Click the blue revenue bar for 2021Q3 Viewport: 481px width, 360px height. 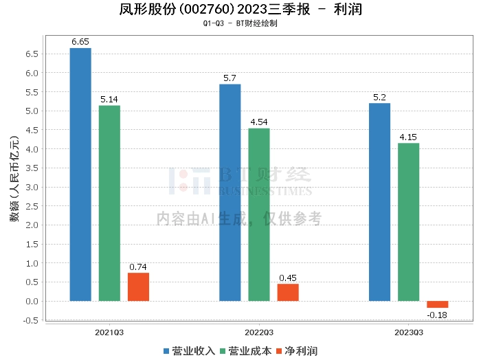click(x=80, y=175)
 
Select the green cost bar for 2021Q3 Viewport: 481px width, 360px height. click(x=109, y=203)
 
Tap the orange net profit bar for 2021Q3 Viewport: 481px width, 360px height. click(x=138, y=287)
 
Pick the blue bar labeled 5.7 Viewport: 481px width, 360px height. click(x=230, y=192)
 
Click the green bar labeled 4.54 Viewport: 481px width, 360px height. click(x=259, y=214)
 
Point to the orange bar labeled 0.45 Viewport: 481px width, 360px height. click(x=288, y=293)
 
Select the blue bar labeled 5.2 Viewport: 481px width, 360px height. click(x=379, y=202)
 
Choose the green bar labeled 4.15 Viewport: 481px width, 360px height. click(x=408, y=222)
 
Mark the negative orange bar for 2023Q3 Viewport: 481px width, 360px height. click(x=437, y=304)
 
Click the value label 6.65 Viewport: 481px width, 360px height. click(x=80, y=42)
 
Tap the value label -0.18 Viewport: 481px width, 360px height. click(x=437, y=315)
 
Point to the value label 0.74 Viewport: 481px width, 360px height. click(x=138, y=267)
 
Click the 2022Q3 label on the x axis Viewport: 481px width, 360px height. click(x=259, y=331)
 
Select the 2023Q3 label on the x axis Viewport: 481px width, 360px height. click(x=408, y=331)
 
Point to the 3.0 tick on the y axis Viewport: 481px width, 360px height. click(x=32, y=187)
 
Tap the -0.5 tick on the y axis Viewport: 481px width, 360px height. click(x=30, y=320)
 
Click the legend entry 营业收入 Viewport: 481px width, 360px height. click(x=188, y=350)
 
